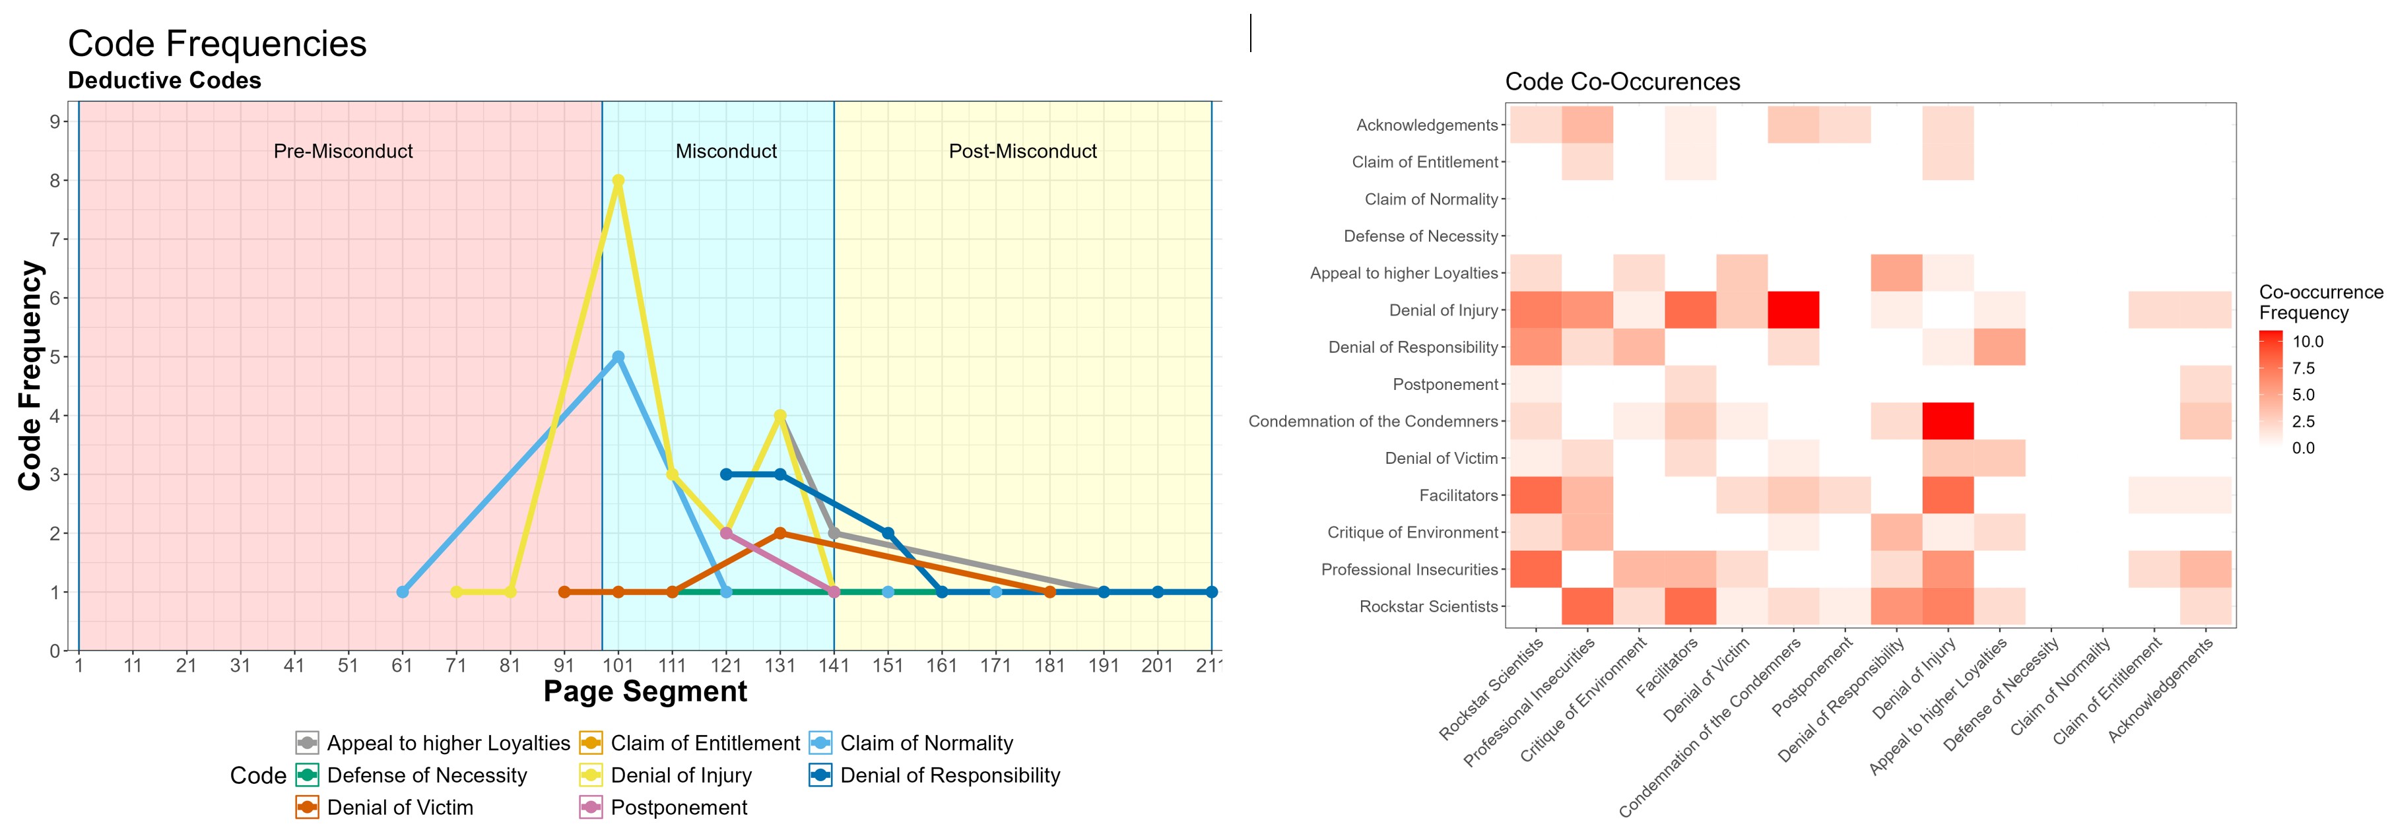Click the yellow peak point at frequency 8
tap(618, 180)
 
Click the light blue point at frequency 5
tap(618, 356)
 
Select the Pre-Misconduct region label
tap(343, 151)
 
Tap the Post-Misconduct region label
tap(1022, 151)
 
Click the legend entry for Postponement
tap(679, 808)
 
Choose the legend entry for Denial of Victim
tap(400, 808)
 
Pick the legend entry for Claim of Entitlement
tap(704, 743)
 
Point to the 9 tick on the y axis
tap(55, 121)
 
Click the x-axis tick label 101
tap(618, 665)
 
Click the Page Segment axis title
tap(645, 692)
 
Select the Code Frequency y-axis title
tap(30, 375)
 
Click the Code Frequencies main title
tap(217, 44)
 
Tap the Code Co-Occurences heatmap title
tap(1622, 82)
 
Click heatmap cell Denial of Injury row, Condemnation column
tap(1793, 310)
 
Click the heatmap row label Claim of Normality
tap(1431, 199)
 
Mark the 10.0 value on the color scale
tap(2307, 341)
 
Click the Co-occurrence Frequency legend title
tap(2319, 302)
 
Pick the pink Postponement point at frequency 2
tap(727, 533)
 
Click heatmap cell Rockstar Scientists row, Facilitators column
tap(1690, 606)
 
